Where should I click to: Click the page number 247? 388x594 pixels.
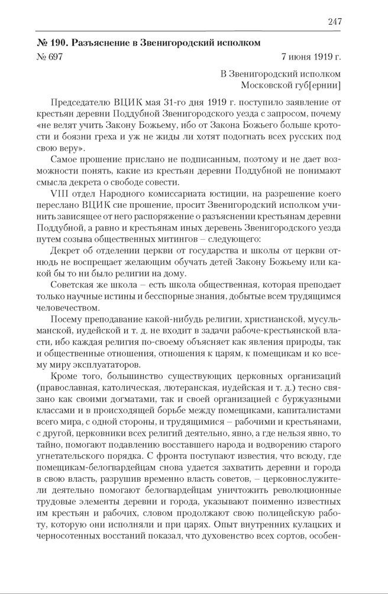(334, 22)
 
